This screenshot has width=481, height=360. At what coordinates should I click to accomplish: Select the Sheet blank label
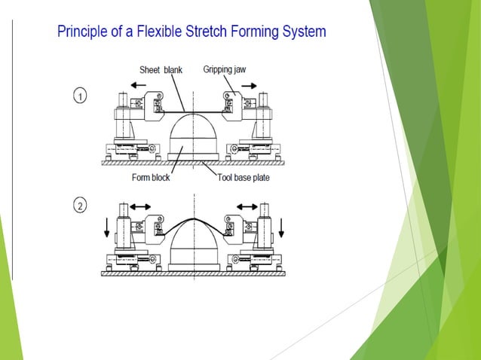161,70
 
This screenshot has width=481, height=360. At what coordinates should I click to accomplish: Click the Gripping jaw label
224,69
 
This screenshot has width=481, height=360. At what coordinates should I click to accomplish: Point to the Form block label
151,178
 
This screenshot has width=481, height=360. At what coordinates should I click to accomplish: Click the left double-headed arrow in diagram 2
141,206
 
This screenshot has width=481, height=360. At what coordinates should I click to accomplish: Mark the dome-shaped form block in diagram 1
193,136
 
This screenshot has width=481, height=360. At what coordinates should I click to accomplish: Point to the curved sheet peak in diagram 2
193,219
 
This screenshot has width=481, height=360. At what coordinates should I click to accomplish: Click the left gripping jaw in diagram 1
155,105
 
